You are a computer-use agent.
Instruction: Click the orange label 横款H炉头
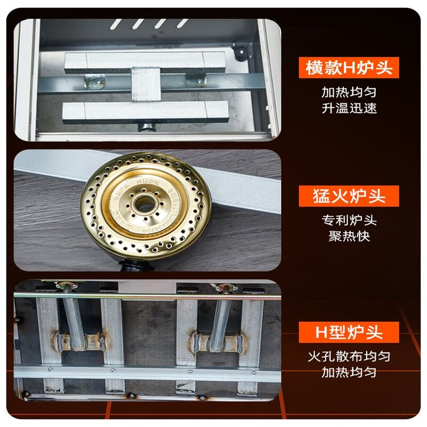pyautogui.click(x=349, y=68)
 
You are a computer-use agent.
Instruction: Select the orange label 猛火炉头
pyautogui.click(x=349, y=196)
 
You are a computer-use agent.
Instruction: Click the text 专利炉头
pyautogui.click(x=349, y=220)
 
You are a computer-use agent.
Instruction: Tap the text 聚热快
pyautogui.click(x=349, y=235)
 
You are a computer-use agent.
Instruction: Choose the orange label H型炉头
pyautogui.click(x=349, y=332)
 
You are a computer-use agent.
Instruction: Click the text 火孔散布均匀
pyautogui.click(x=349, y=356)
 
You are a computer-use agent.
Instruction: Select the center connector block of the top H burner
pyautogui.click(x=145, y=84)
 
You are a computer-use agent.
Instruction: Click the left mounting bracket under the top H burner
pyautogui.click(x=94, y=81)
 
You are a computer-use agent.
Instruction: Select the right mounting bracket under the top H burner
pyautogui.click(x=196, y=80)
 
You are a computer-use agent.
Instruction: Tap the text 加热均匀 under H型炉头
pyautogui.click(x=349, y=372)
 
